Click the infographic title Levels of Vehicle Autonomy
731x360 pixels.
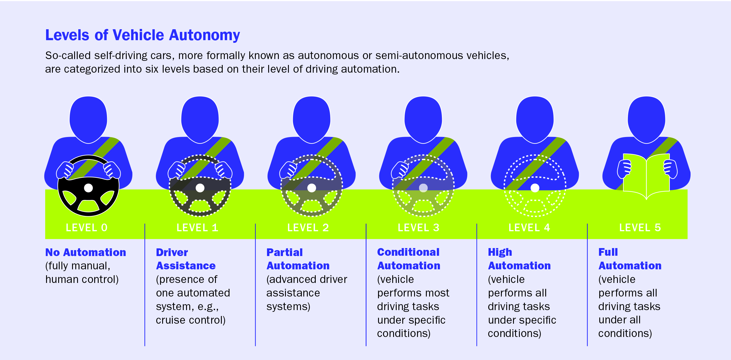pos(142,35)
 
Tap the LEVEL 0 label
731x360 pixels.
pos(87,228)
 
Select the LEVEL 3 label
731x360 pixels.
pos(419,228)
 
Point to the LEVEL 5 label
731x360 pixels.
pos(640,228)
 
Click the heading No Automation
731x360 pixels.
pos(86,252)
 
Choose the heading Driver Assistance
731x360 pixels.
pos(185,259)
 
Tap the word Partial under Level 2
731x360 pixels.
pos(284,252)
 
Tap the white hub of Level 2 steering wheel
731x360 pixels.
pos(312,188)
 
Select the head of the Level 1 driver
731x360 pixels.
pos(200,120)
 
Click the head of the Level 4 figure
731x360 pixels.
pos(535,120)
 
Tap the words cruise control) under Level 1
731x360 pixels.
pos(191,320)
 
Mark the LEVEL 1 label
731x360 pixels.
pos(197,228)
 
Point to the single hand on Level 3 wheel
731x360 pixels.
pos(400,170)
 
